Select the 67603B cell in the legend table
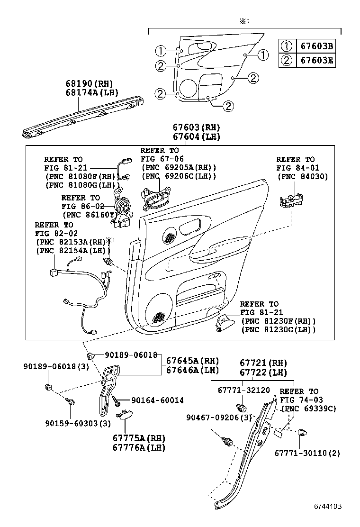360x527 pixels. pyautogui.click(x=315, y=46)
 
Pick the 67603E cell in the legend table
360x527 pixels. pyautogui.click(x=315, y=60)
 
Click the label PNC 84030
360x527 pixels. pyautogui.click(x=302, y=177)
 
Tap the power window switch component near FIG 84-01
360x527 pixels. pyautogui.click(x=291, y=201)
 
